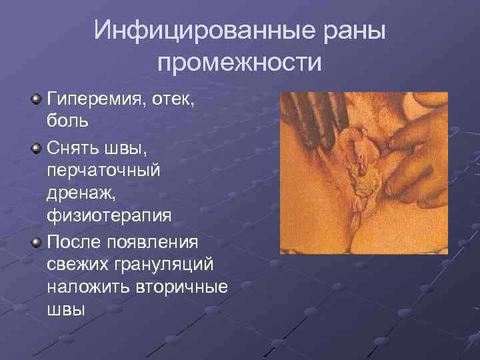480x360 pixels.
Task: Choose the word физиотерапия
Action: point(109,218)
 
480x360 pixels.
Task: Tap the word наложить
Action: point(89,289)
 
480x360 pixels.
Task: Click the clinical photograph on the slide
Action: point(363,173)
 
